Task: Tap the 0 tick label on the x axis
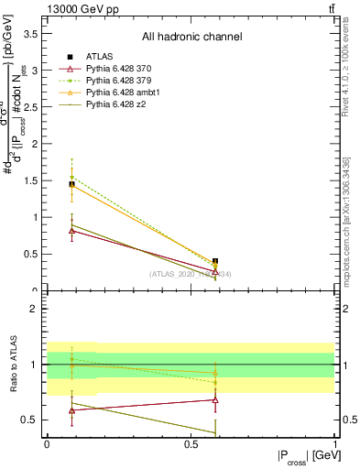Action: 47,443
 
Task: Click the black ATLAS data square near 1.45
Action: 71,184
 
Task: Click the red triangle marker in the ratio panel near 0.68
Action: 215,399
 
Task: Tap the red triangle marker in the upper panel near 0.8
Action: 71,231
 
